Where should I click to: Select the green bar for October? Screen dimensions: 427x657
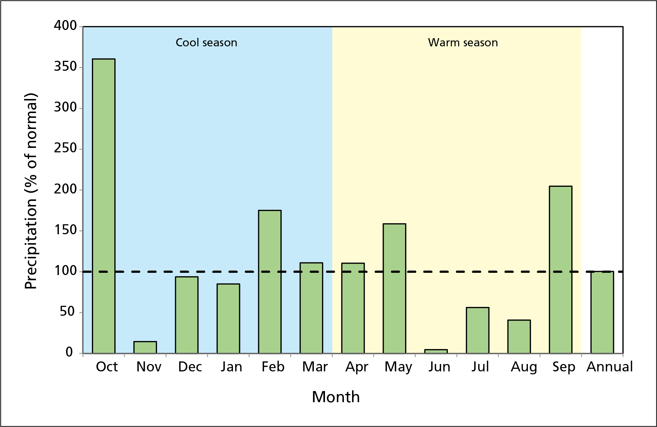coord(104,206)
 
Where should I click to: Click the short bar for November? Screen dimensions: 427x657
coord(145,347)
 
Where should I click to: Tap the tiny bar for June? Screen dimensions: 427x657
coord(436,351)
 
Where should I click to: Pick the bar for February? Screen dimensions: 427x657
coord(270,282)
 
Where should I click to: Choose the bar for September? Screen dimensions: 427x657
coord(561,269)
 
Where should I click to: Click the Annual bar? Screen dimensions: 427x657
coord(602,312)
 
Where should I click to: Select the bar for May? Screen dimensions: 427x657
coord(394,288)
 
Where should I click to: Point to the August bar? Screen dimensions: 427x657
coord(519,337)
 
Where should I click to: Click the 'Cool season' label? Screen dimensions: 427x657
coord(206,43)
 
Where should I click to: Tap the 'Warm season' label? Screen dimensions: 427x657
coord(463,43)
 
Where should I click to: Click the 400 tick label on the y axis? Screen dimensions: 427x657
coord(65,26)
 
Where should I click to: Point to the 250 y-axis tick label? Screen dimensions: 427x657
coord(65,148)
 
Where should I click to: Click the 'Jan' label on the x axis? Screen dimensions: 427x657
coord(231,367)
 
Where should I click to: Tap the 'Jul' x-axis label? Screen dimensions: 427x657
coord(480,367)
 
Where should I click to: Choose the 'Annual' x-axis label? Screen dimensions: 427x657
coord(610,367)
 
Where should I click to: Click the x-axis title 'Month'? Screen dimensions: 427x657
coord(335,397)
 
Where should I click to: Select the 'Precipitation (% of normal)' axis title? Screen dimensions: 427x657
coord(31,191)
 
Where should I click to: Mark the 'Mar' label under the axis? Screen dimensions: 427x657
coord(315,367)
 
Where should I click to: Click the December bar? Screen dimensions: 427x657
coord(187,315)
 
